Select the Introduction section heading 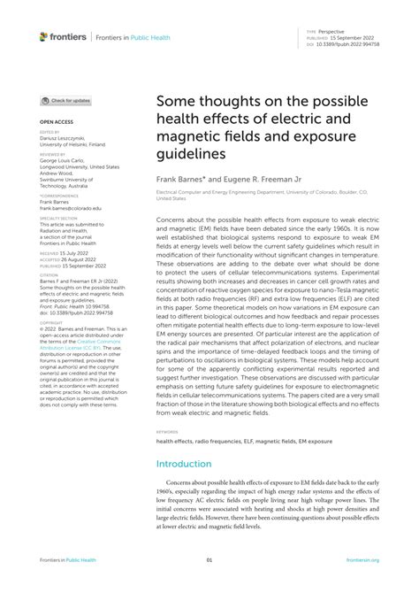[183, 463]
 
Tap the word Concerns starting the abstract [173, 217]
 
